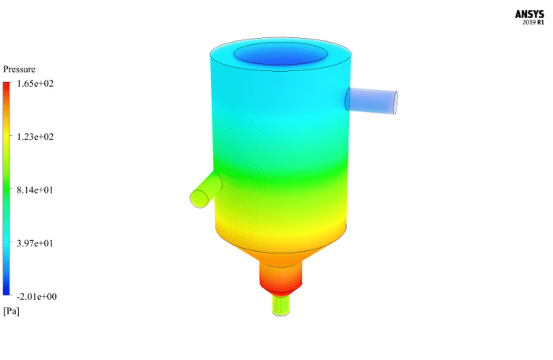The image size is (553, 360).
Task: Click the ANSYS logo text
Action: tap(529, 13)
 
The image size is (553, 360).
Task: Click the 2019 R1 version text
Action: tap(533, 22)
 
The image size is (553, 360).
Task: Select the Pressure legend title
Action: tap(19, 69)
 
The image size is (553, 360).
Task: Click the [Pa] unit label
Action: tap(11, 311)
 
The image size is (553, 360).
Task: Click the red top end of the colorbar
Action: tap(7, 86)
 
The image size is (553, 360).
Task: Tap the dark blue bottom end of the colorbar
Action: tap(7, 292)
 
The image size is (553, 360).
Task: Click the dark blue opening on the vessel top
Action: tap(280, 54)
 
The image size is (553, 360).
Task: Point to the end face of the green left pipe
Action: tap(197, 198)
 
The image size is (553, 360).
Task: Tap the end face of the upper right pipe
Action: tap(391, 103)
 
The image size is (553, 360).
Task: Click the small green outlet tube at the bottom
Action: tap(281, 305)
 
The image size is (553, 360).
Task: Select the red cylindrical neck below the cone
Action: tap(281, 277)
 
